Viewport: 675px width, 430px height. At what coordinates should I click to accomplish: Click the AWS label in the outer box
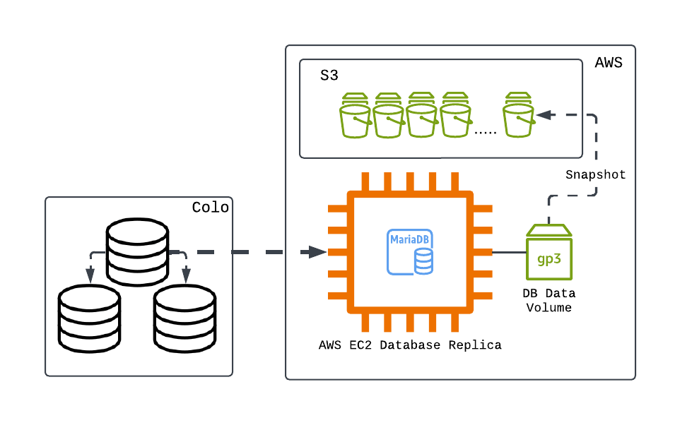point(609,63)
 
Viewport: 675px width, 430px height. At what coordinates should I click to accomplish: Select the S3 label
point(329,76)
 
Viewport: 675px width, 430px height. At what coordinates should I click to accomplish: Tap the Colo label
point(210,208)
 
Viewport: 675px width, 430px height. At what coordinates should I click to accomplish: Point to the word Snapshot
point(595,174)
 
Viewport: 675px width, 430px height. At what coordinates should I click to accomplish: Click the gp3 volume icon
point(549,252)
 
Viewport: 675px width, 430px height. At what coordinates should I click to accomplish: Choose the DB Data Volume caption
point(549,301)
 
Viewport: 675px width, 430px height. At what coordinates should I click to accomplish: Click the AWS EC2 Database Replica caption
point(410,345)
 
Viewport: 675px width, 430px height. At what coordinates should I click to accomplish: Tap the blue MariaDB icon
point(410,252)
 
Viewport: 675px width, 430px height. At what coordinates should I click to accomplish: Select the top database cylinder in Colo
point(137,252)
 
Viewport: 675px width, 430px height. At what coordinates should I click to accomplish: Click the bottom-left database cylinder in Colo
point(90,318)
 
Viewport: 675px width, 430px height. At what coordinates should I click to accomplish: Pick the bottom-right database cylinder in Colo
point(184,318)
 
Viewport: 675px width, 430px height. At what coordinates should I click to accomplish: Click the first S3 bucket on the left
point(355,115)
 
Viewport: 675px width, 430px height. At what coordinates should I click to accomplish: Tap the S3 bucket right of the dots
point(519,115)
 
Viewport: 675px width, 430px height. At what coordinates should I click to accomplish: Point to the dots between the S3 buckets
point(485,133)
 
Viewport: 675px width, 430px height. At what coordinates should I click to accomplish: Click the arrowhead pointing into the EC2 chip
point(317,252)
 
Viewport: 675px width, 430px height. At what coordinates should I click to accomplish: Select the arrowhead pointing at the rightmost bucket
point(544,115)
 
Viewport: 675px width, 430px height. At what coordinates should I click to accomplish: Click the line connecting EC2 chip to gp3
point(510,252)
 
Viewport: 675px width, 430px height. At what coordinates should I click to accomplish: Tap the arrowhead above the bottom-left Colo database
point(90,275)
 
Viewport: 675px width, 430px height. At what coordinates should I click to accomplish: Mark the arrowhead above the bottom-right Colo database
point(186,275)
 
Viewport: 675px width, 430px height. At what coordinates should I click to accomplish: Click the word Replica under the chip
point(475,345)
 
